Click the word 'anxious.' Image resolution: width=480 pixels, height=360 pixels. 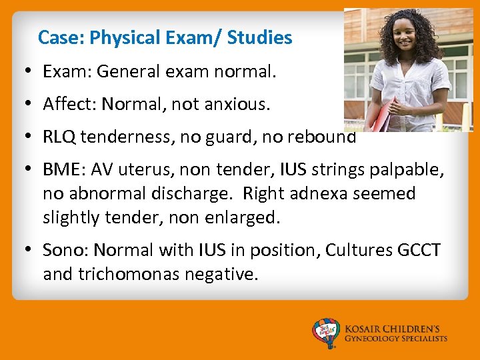(238, 104)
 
